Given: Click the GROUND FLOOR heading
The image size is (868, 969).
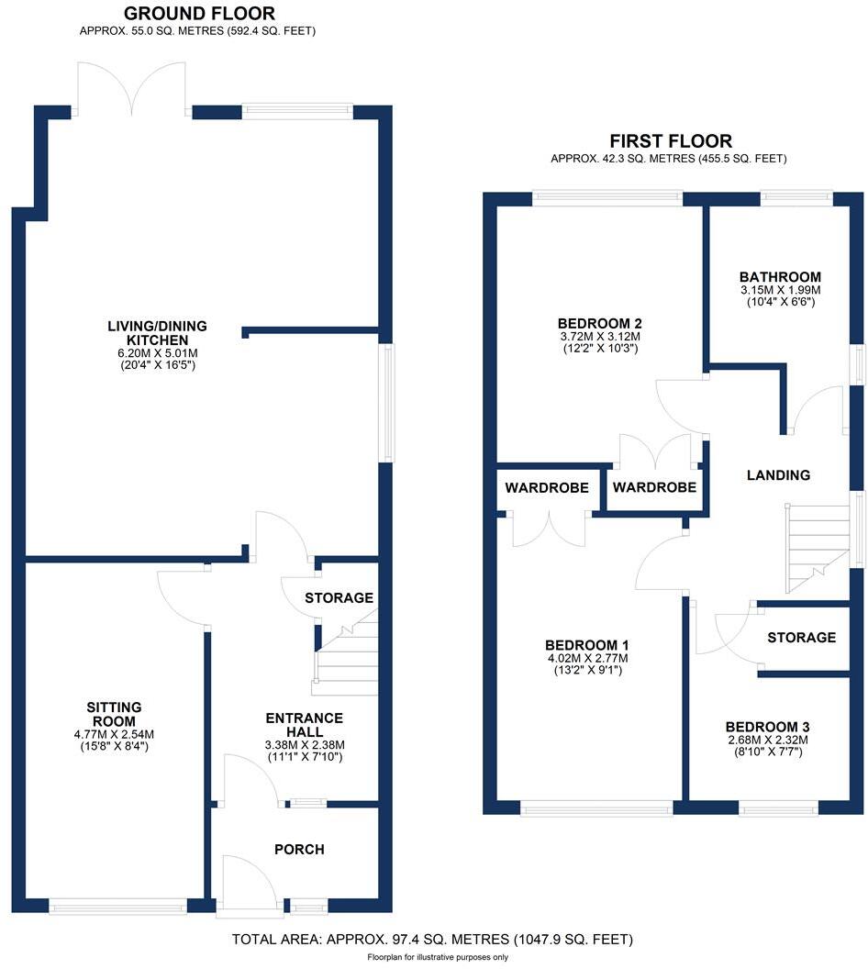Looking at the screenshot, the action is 198,14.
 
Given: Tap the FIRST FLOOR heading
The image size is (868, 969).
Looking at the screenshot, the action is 671,141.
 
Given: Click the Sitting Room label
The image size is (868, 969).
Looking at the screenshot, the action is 114,714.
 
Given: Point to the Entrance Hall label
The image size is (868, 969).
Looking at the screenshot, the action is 304,725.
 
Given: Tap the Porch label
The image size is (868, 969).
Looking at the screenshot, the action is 299,850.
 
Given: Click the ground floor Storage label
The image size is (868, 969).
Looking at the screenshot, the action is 339,598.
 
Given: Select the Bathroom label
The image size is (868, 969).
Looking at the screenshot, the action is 780,277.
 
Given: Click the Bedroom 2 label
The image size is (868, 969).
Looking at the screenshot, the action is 598,323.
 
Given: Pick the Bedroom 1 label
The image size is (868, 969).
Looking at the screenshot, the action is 586,644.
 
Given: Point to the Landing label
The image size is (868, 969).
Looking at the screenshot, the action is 778,475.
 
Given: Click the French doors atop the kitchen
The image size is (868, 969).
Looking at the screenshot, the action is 131,88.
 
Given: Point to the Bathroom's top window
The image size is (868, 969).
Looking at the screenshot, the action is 796,195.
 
